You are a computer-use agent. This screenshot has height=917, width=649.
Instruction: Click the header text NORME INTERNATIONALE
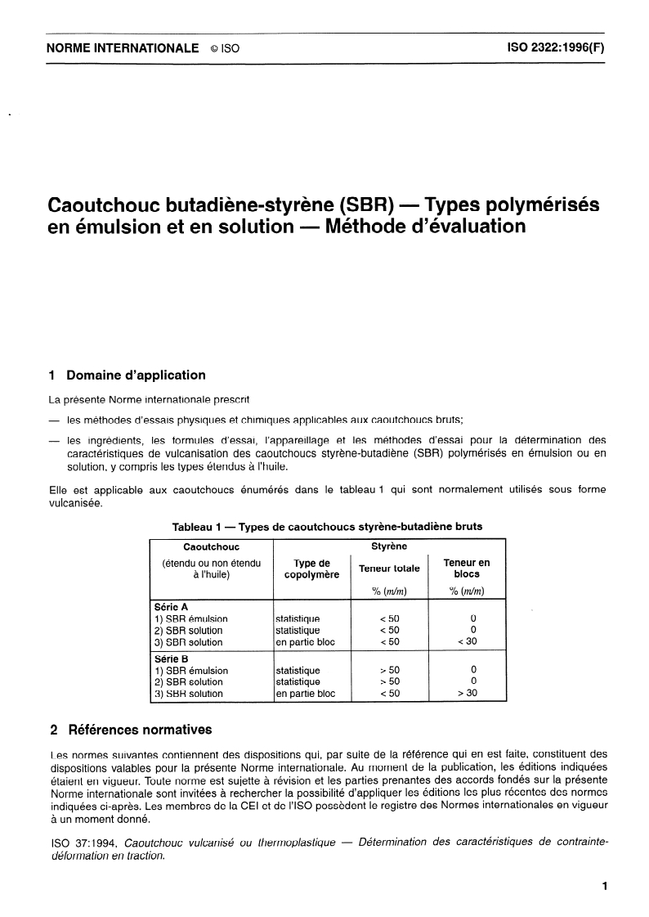123,48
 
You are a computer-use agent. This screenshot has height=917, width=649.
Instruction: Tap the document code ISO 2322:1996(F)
550,48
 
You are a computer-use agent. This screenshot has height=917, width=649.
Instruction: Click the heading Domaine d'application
136,375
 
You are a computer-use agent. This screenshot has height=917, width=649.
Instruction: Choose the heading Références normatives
138,729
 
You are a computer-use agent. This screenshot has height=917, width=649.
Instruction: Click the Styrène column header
389,546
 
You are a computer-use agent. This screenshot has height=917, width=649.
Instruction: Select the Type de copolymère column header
311,569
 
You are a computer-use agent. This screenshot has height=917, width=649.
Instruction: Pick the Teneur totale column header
389,569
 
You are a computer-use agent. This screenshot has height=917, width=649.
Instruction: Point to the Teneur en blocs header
466,569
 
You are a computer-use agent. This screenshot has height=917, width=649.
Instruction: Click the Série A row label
171,608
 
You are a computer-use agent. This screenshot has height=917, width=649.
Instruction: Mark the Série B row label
171,659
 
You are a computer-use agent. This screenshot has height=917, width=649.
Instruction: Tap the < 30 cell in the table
466,642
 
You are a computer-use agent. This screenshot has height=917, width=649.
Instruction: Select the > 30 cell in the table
466,694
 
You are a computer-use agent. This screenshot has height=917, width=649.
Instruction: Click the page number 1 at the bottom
604,886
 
